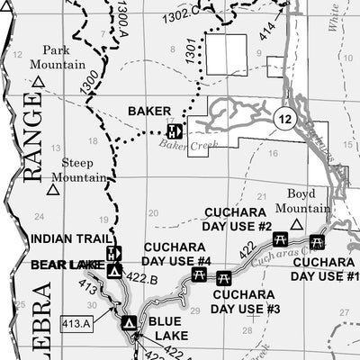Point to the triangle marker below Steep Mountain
point(53,190)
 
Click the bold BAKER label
point(148,112)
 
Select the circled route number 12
point(284,119)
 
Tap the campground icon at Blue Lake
point(130,321)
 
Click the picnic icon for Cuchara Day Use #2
point(279,238)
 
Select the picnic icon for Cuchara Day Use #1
point(317,241)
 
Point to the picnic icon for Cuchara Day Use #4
point(199,274)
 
